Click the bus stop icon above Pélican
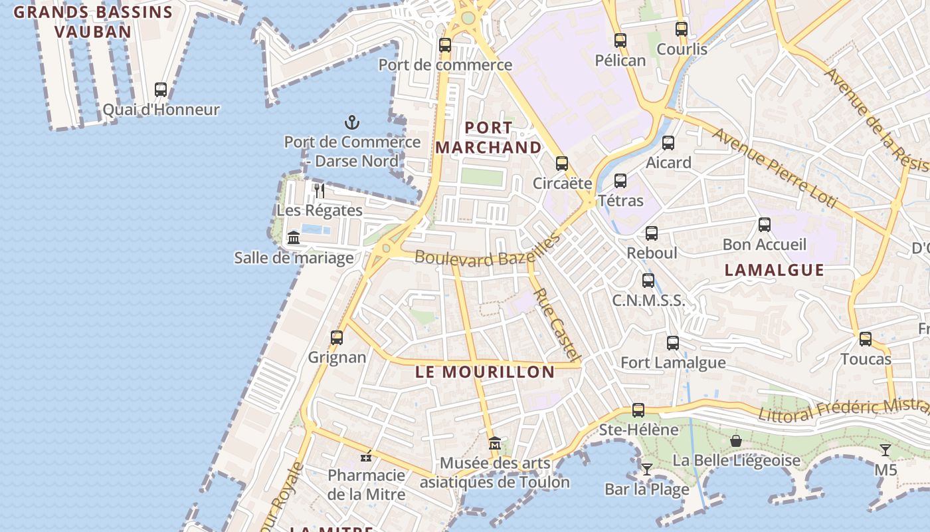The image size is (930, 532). [620, 41]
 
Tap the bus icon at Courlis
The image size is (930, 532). [682, 29]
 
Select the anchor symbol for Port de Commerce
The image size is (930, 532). [352, 122]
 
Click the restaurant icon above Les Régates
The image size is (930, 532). [320, 191]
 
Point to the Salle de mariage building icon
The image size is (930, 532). [294, 237]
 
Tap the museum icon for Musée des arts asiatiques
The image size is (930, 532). [495, 443]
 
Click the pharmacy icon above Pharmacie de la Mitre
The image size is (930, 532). [366, 456]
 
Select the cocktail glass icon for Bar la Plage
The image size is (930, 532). [646, 469]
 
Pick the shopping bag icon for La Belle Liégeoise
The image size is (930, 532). [736, 441]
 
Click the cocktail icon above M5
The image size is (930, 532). [885, 450]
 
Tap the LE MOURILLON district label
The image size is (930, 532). [485, 372]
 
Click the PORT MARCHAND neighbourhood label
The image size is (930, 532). [488, 138]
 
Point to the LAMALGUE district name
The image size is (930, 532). [775, 270]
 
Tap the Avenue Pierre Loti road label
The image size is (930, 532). [775, 167]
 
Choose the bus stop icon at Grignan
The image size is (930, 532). [337, 338]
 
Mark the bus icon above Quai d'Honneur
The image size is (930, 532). [161, 90]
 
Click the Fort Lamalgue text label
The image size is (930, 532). [673, 363]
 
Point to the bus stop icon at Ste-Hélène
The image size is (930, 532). [638, 410]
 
